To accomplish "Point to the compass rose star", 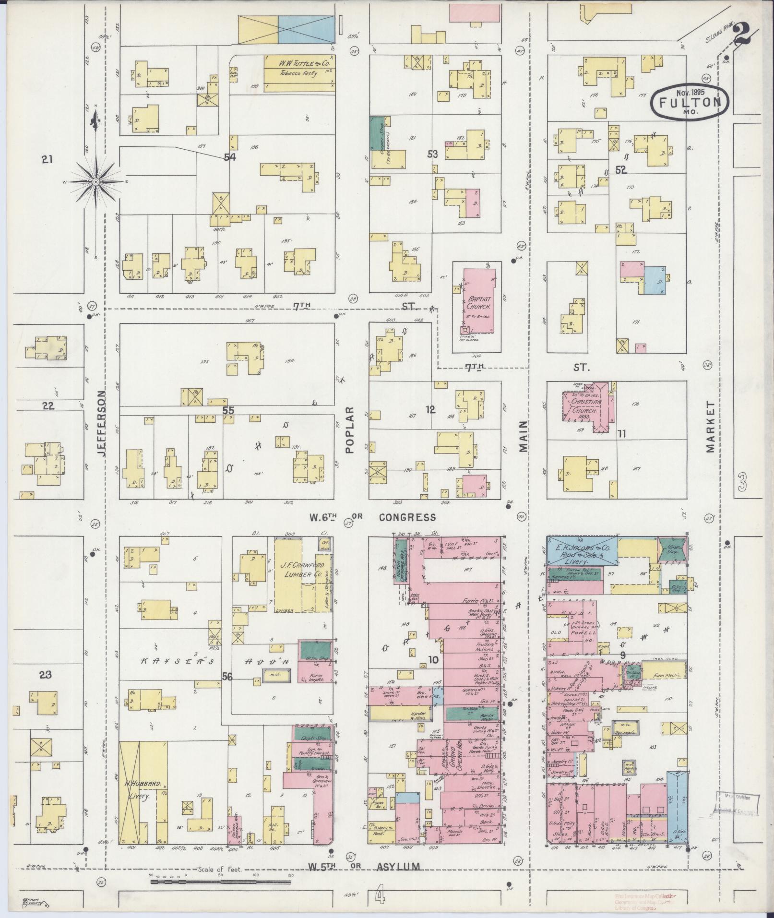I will [95, 181].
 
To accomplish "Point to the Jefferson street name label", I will [103, 423].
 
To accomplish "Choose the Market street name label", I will [710, 427].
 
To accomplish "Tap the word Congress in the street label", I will [407, 517].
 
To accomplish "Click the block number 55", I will [228, 411].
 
